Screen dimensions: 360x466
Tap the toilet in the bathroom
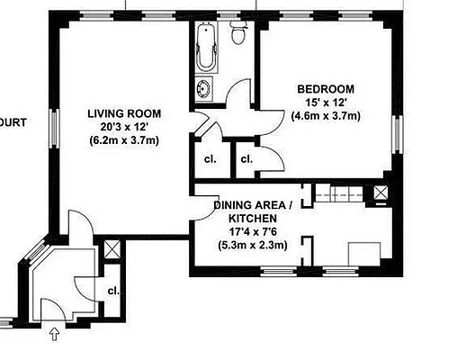[x=238, y=35]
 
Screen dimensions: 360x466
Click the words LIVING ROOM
[x=124, y=113]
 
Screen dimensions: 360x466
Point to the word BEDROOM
[x=326, y=89]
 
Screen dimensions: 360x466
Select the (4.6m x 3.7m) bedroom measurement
[x=326, y=116]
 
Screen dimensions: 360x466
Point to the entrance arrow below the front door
[x=53, y=335]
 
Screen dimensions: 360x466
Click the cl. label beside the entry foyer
[x=113, y=291]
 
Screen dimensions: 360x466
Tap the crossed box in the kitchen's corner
[x=381, y=192]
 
